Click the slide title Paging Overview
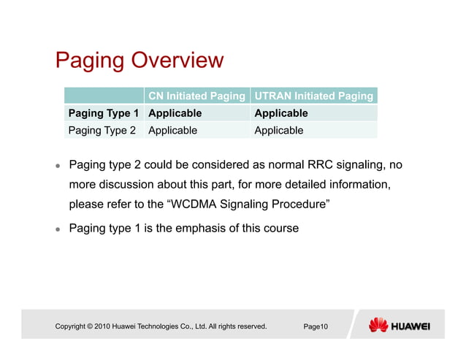(x=139, y=60)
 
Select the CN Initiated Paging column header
(x=196, y=96)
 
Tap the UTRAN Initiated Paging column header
(x=313, y=96)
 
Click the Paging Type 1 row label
(x=102, y=113)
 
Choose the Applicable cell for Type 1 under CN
(x=175, y=113)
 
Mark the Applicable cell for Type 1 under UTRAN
(x=280, y=113)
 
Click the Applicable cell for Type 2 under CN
(x=172, y=131)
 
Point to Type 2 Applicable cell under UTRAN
(x=278, y=131)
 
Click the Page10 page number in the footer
(x=316, y=326)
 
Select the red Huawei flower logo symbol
(x=378, y=325)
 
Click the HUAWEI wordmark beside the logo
(x=410, y=326)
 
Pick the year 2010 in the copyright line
(x=102, y=326)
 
